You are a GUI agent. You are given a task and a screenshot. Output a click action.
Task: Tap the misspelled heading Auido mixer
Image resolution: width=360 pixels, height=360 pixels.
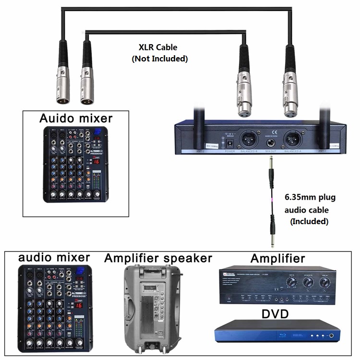[x=76, y=118]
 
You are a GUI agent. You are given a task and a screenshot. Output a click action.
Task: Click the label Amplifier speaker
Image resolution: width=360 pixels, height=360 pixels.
[x=158, y=258]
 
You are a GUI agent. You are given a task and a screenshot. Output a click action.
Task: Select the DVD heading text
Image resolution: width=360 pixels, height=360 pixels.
[x=275, y=314]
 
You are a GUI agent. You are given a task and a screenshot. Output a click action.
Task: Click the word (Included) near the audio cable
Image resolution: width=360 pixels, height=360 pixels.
[x=309, y=221]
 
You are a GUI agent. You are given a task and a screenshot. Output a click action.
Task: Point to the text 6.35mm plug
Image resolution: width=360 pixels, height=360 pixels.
[x=310, y=197]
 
